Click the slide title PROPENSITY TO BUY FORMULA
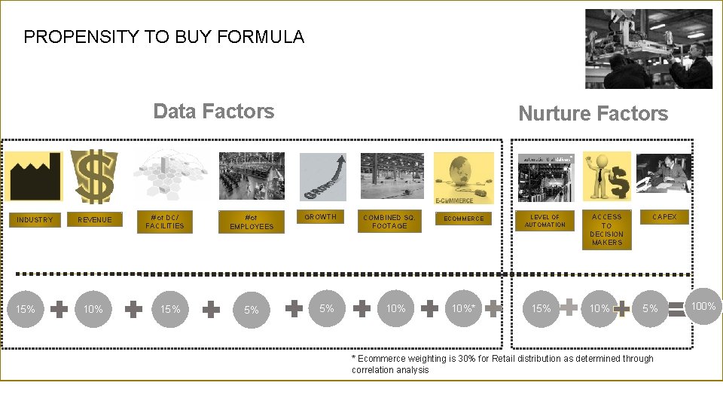pyautogui.click(x=164, y=37)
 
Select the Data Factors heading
pyautogui.click(x=214, y=112)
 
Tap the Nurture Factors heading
pyautogui.click(x=593, y=114)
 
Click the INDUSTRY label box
pyautogui.click(x=35, y=220)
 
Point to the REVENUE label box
pyautogui.click(x=94, y=220)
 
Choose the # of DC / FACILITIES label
pyautogui.click(x=165, y=222)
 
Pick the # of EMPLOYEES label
pyautogui.click(x=252, y=222)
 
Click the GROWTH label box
pyautogui.click(x=320, y=217)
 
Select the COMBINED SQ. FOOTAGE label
pyautogui.click(x=389, y=222)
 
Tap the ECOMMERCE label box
pyautogui.click(x=464, y=219)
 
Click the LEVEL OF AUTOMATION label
pyautogui.click(x=545, y=222)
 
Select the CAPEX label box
pyautogui.click(x=664, y=217)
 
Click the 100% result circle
pyautogui.click(x=703, y=306)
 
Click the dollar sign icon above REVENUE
pyautogui.click(x=94, y=176)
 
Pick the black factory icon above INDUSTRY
pyautogui.click(x=35, y=176)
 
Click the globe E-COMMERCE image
pyautogui.click(x=464, y=178)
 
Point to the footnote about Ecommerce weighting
pyautogui.click(x=502, y=364)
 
